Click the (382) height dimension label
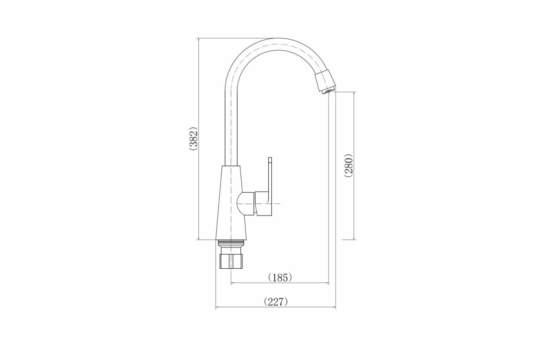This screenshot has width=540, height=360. (193, 139)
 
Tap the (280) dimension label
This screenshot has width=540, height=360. (349, 165)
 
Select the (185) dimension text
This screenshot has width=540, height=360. (280, 278)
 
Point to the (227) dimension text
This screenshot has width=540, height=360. (276, 301)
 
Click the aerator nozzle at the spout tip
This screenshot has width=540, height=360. (325, 81)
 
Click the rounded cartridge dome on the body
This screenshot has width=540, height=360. (245, 203)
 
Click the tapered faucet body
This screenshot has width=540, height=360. (231, 203)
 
